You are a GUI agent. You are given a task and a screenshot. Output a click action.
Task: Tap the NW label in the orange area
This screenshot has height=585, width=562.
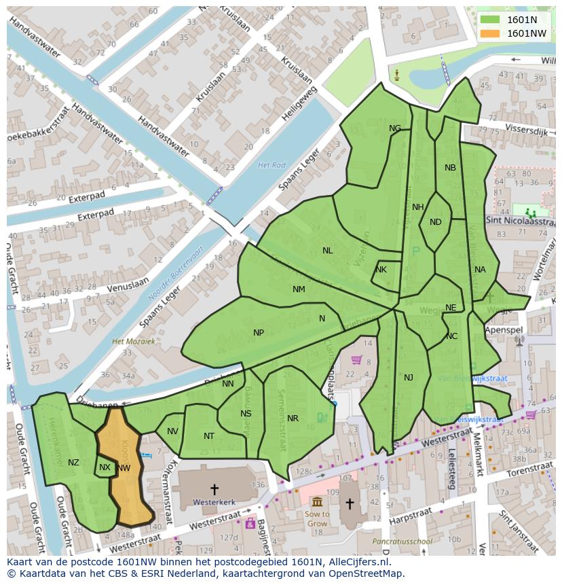click(124, 468)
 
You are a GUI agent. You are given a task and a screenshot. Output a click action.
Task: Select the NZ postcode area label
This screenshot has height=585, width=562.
click(73, 463)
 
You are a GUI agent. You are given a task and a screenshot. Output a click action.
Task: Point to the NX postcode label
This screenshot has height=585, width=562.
click(105, 467)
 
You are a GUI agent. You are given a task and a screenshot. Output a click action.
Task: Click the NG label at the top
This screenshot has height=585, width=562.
click(395, 128)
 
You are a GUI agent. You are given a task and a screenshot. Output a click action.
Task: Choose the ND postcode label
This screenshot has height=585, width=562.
click(436, 222)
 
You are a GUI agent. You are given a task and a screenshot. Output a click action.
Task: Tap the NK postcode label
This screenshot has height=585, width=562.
click(381, 270)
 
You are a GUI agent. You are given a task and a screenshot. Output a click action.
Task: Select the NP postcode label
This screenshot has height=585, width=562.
click(259, 333)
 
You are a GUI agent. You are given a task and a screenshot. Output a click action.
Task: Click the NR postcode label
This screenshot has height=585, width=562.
click(293, 419)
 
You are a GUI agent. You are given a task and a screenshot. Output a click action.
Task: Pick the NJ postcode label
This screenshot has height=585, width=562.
click(409, 378)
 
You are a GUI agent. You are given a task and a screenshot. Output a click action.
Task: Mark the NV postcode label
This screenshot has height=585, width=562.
click(172, 431)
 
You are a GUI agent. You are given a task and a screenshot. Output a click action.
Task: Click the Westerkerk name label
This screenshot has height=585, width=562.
click(214, 503)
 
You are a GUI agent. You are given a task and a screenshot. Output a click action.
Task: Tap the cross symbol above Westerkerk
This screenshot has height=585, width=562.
click(214, 489)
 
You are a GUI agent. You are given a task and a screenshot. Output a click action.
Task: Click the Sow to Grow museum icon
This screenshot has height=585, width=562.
click(317, 501)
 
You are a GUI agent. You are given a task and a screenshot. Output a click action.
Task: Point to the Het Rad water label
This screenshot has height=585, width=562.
click(271, 165)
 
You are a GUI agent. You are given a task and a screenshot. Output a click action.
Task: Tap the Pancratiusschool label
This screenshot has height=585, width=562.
click(402, 542)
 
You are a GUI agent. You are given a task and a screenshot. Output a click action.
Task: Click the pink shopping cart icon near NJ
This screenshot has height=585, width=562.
click(356, 359)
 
